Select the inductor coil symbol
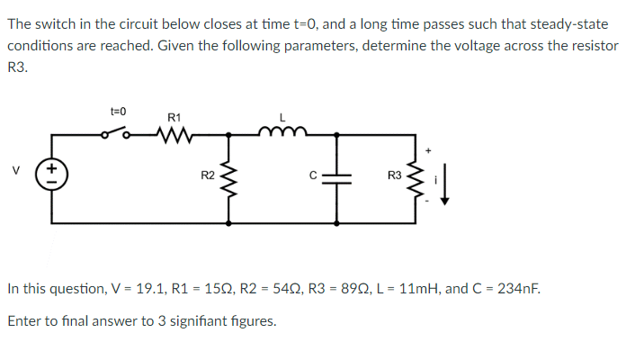(282, 133)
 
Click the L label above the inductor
(282, 117)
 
